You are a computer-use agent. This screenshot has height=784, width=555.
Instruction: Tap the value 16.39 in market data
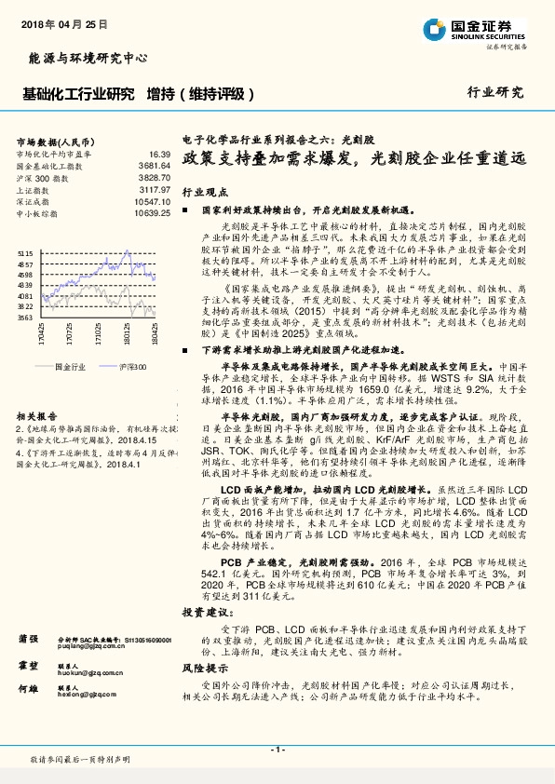coord(159,154)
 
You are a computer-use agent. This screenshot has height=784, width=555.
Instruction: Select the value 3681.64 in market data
coord(155,165)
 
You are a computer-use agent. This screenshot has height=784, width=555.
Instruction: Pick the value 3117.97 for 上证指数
coord(155,189)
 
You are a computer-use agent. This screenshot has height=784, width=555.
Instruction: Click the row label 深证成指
coord(35,201)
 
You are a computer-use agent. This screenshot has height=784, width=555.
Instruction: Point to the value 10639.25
coord(152,213)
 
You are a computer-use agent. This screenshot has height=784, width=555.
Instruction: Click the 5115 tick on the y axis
coord(25,252)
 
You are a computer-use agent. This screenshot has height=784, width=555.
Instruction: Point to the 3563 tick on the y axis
coord(25,318)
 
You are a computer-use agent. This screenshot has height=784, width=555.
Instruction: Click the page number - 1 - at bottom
coord(277,750)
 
